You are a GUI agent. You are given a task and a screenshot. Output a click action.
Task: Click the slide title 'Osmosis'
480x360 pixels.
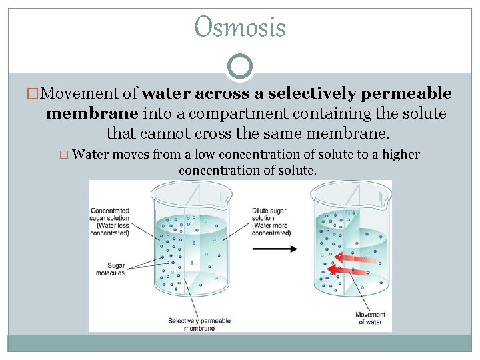[x=240, y=28]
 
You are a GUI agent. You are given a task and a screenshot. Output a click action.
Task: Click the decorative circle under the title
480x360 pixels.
[x=240, y=67]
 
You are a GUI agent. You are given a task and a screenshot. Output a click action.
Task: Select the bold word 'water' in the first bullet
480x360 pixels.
[x=165, y=93]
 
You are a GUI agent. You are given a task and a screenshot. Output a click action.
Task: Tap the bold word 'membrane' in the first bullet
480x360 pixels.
[x=91, y=113]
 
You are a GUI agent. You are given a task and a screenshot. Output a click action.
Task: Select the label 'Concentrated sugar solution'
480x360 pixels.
[x=110, y=222]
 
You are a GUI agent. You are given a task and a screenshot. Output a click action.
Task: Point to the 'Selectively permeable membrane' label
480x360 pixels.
[x=199, y=324]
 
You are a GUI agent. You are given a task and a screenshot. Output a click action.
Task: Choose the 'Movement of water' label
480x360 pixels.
[x=370, y=318]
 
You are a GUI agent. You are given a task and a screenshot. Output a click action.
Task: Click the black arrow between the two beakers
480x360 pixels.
[x=275, y=249]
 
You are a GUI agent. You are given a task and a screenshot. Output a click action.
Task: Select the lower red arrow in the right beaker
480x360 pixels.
[x=352, y=271]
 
